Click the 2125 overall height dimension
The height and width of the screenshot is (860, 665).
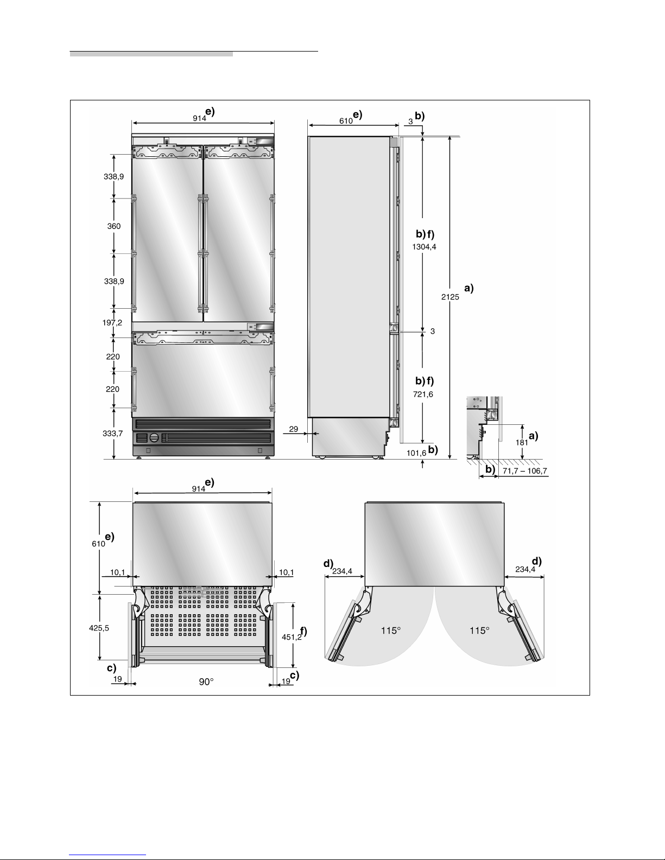point(450,297)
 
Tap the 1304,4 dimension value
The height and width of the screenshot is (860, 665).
point(424,247)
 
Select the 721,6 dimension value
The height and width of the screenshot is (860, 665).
point(423,394)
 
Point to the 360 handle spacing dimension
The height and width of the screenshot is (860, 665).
point(114,226)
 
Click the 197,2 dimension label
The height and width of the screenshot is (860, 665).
point(112,322)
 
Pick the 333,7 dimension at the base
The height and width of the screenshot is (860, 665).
point(112,434)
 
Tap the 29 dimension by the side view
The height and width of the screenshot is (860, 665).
point(293,429)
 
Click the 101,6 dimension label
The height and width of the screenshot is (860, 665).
point(416,453)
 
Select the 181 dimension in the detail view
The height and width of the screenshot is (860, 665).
point(522,442)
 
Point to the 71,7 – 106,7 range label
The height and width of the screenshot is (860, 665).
point(525,471)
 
